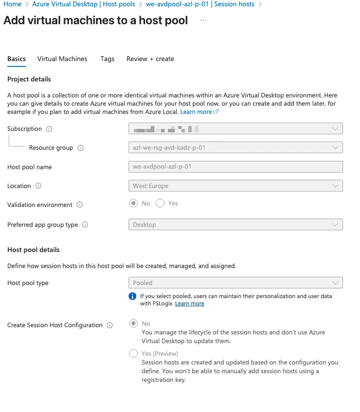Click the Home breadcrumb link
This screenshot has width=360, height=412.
click(x=13, y=4)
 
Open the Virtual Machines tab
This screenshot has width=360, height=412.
click(x=62, y=59)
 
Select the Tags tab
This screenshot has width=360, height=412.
click(x=107, y=59)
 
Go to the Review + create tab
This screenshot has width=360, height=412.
click(x=150, y=59)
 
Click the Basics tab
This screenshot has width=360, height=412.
click(x=16, y=59)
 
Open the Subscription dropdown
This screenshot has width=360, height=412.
click(x=235, y=129)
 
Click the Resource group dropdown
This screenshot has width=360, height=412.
click(x=235, y=147)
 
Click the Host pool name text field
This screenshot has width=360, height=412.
click(x=235, y=167)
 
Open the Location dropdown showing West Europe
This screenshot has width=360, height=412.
click(x=235, y=186)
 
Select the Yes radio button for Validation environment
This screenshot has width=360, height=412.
click(x=161, y=204)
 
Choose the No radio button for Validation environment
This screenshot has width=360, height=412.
click(x=133, y=204)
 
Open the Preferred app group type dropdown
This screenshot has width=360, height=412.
click(x=235, y=224)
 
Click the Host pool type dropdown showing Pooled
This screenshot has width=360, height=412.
click(x=235, y=283)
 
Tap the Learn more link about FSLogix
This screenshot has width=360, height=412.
click(x=189, y=303)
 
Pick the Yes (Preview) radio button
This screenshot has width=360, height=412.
click(x=133, y=354)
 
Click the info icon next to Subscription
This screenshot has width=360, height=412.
click(x=49, y=129)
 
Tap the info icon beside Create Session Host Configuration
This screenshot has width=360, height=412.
click(x=110, y=325)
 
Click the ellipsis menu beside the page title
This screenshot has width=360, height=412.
click(x=203, y=21)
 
